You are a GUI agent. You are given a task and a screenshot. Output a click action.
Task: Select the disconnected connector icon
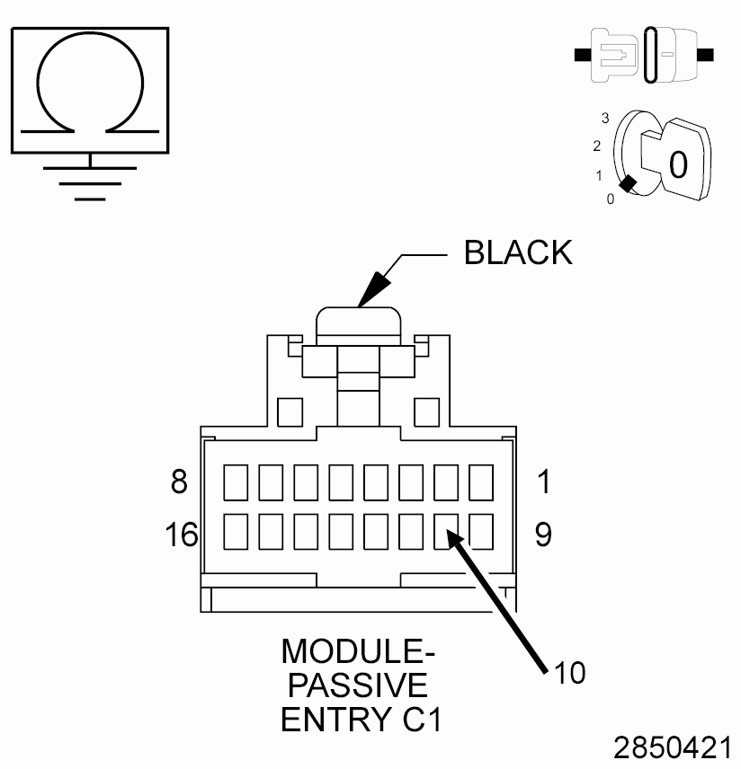click(645, 55)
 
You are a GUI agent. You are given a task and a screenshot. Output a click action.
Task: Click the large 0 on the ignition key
click(678, 164)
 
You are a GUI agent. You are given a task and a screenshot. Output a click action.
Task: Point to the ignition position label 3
click(606, 119)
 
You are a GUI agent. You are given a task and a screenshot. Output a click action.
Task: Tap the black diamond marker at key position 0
click(629, 184)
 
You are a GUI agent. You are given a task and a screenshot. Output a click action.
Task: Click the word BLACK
click(518, 253)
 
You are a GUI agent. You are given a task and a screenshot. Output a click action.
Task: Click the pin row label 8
click(179, 482)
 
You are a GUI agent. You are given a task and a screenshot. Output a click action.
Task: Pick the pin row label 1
click(542, 482)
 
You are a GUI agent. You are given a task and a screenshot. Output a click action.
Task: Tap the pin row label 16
click(181, 535)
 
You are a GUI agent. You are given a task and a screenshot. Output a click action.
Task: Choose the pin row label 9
click(542, 535)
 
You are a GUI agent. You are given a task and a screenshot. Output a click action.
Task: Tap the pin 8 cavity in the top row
click(236, 482)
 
